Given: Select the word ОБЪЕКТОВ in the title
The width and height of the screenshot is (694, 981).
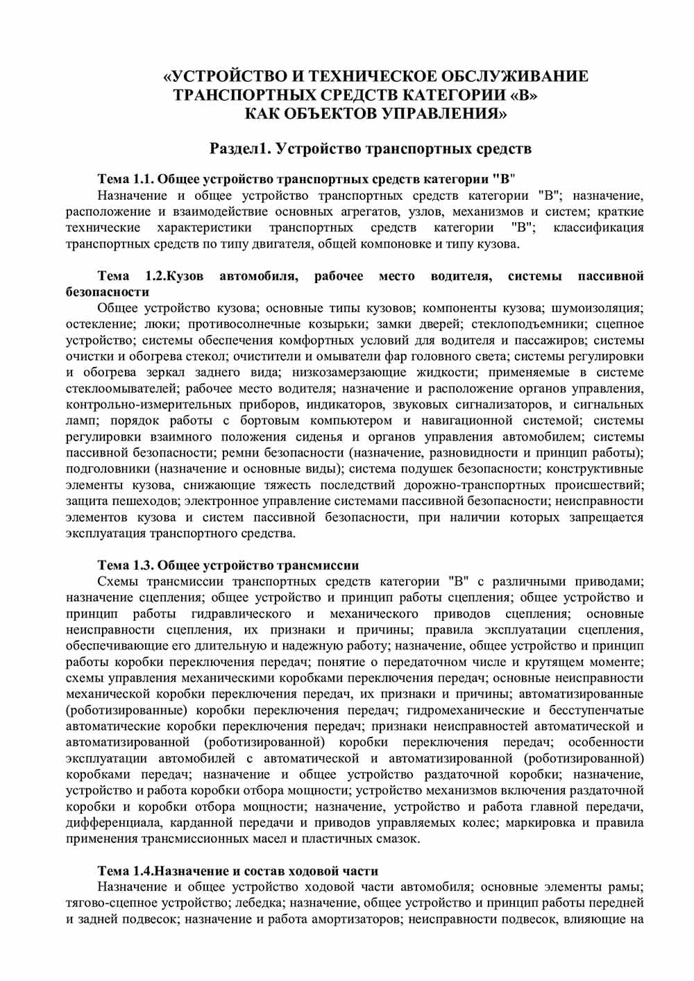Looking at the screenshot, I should [328, 113].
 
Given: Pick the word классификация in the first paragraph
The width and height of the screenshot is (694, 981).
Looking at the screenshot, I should [599, 228].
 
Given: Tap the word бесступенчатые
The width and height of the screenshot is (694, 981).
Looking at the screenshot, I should [595, 710].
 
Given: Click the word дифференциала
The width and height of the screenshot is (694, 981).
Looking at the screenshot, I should [108, 824].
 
